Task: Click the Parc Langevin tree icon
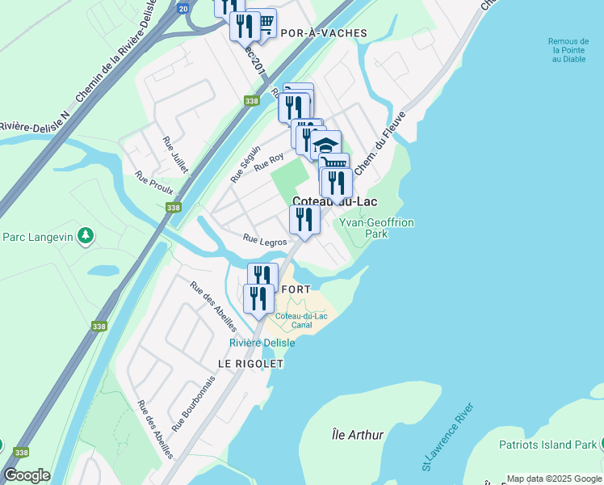85,236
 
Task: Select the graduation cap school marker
326,145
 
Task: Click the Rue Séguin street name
245,163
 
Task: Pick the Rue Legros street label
264,239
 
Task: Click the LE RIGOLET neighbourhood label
250,365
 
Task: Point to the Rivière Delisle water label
262,343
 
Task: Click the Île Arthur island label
358,435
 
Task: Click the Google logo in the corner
26,475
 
